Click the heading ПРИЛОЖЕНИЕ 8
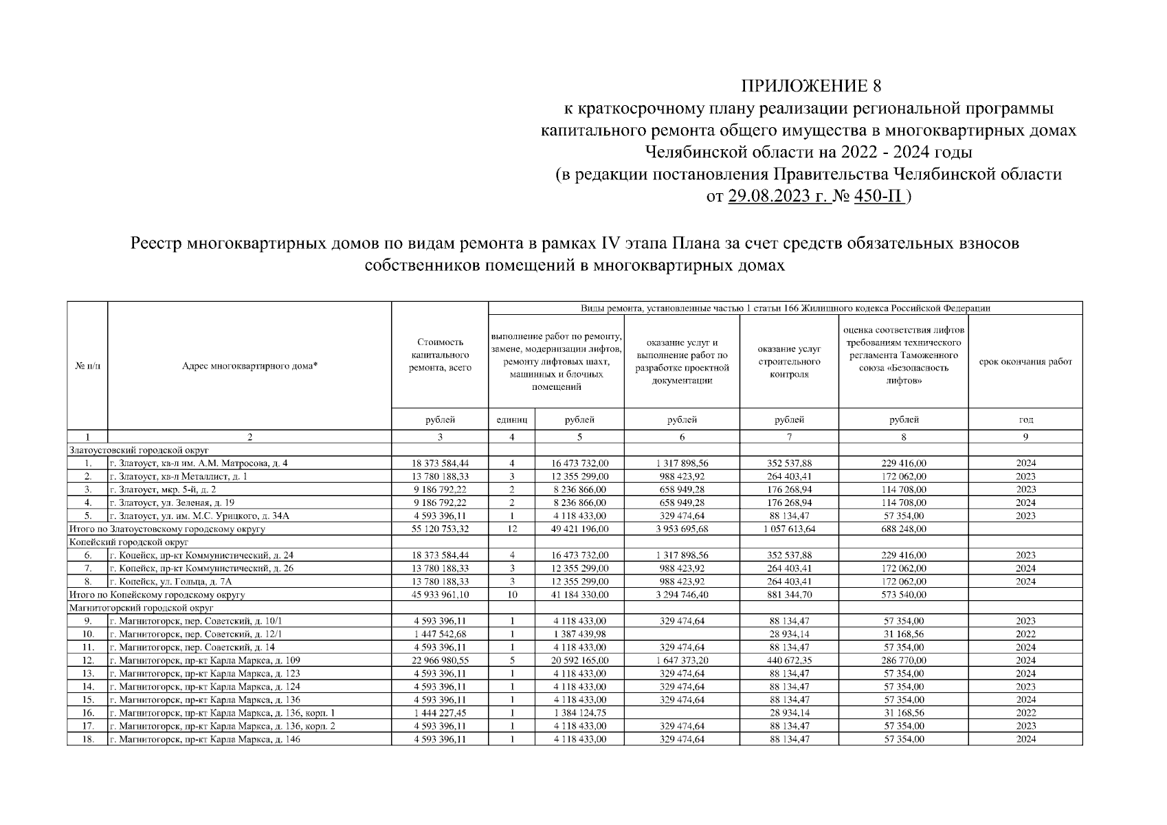tap(810, 87)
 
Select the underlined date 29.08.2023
tap(769, 197)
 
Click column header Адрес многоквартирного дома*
tap(249, 366)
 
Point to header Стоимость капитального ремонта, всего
tap(440, 355)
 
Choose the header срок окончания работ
tap(1025, 362)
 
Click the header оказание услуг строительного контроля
tap(789, 362)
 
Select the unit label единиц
tap(511, 419)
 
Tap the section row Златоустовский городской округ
tap(129, 450)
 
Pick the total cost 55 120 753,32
tap(440, 529)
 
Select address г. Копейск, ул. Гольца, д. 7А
tap(171, 582)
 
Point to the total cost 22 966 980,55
tap(440, 661)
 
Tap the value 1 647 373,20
tap(682, 661)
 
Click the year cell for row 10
tap(1025, 634)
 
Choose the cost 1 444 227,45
tap(440, 713)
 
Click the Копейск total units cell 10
tap(511, 595)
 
